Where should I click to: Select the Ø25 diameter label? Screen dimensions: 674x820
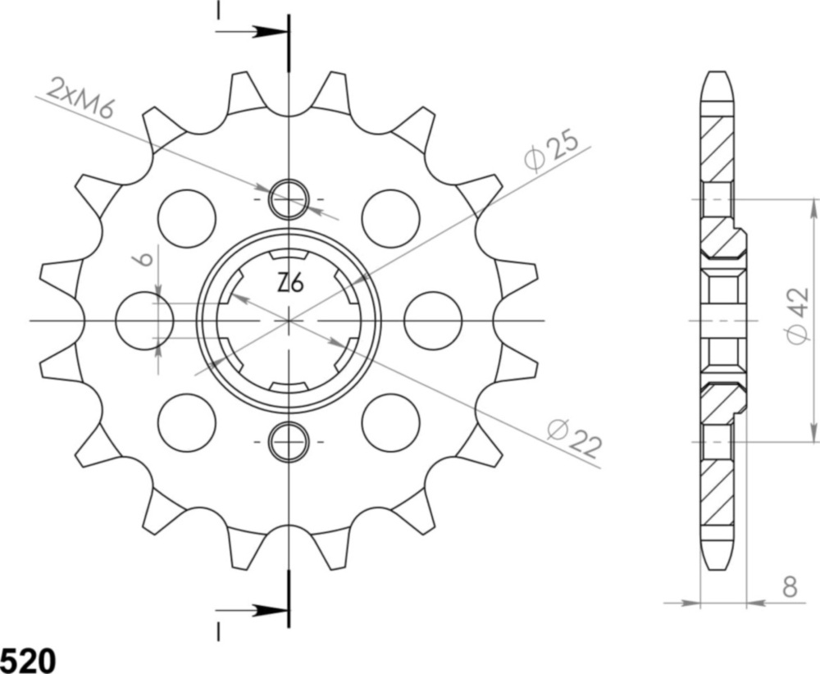point(556,149)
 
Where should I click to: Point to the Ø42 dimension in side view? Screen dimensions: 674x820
point(796,316)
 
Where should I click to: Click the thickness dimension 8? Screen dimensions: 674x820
point(789,586)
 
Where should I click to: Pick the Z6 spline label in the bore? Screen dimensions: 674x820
point(289,284)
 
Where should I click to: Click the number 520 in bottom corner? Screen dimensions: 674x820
point(29,659)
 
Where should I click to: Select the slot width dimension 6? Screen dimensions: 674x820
point(143,260)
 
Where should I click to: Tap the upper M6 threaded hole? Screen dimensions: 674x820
point(289,199)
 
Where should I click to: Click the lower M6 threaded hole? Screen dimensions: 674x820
point(289,441)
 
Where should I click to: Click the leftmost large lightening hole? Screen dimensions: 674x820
point(144,320)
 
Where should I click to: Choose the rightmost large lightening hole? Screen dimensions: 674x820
point(433,320)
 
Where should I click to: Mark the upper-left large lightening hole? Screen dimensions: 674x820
point(186,217)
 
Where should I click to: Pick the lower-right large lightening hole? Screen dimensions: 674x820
point(390,421)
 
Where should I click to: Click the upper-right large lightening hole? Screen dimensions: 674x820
point(390,217)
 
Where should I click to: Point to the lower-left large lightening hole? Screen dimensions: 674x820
point(186,421)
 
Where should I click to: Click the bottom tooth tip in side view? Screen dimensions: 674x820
point(717,559)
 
